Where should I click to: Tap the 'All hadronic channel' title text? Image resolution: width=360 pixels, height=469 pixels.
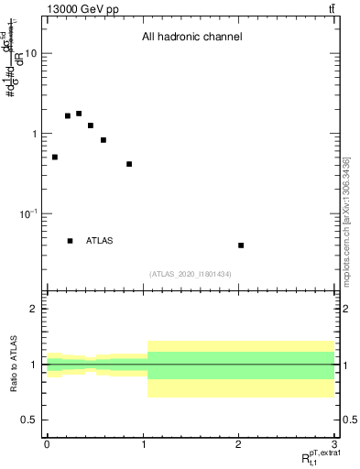[191, 38]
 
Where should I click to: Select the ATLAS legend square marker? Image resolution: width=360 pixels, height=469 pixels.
[70, 241]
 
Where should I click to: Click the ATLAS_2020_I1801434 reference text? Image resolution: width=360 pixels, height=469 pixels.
[190, 274]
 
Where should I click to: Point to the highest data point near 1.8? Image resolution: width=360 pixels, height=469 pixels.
[79, 114]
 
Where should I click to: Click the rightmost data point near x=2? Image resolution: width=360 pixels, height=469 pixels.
[241, 245]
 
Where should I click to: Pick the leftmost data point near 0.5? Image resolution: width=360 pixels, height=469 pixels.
[55, 158]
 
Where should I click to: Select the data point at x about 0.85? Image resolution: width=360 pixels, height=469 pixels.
[129, 164]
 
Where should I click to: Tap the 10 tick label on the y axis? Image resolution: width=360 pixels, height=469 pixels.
[31, 53]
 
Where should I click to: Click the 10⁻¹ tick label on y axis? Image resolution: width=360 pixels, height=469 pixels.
[29, 213]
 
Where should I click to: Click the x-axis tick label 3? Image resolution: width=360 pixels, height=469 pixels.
[335, 444]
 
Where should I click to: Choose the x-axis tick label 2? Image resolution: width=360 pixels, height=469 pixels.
[239, 444]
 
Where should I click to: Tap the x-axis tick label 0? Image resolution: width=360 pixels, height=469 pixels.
[47, 444]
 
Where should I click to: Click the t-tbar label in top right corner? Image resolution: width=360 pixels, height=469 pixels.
[331, 8]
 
